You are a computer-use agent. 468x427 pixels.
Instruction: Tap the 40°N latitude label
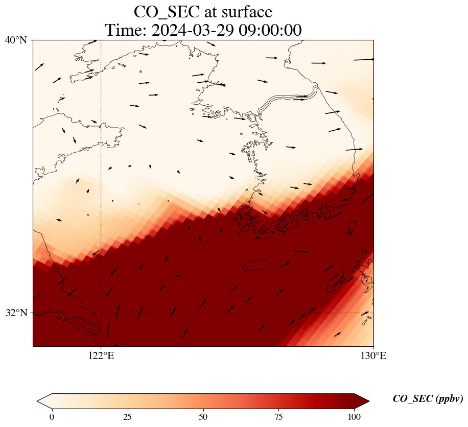(x=16, y=40)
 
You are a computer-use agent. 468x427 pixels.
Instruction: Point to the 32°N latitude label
(x=16, y=313)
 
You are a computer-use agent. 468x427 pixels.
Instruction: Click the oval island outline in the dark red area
(x=256, y=265)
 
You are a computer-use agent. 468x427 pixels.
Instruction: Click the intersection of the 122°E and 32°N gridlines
(x=101, y=313)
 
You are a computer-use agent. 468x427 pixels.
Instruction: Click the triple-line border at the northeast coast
(x=289, y=99)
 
